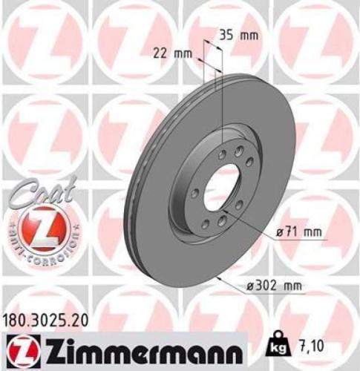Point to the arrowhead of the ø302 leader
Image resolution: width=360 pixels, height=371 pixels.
click(x=218, y=279)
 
